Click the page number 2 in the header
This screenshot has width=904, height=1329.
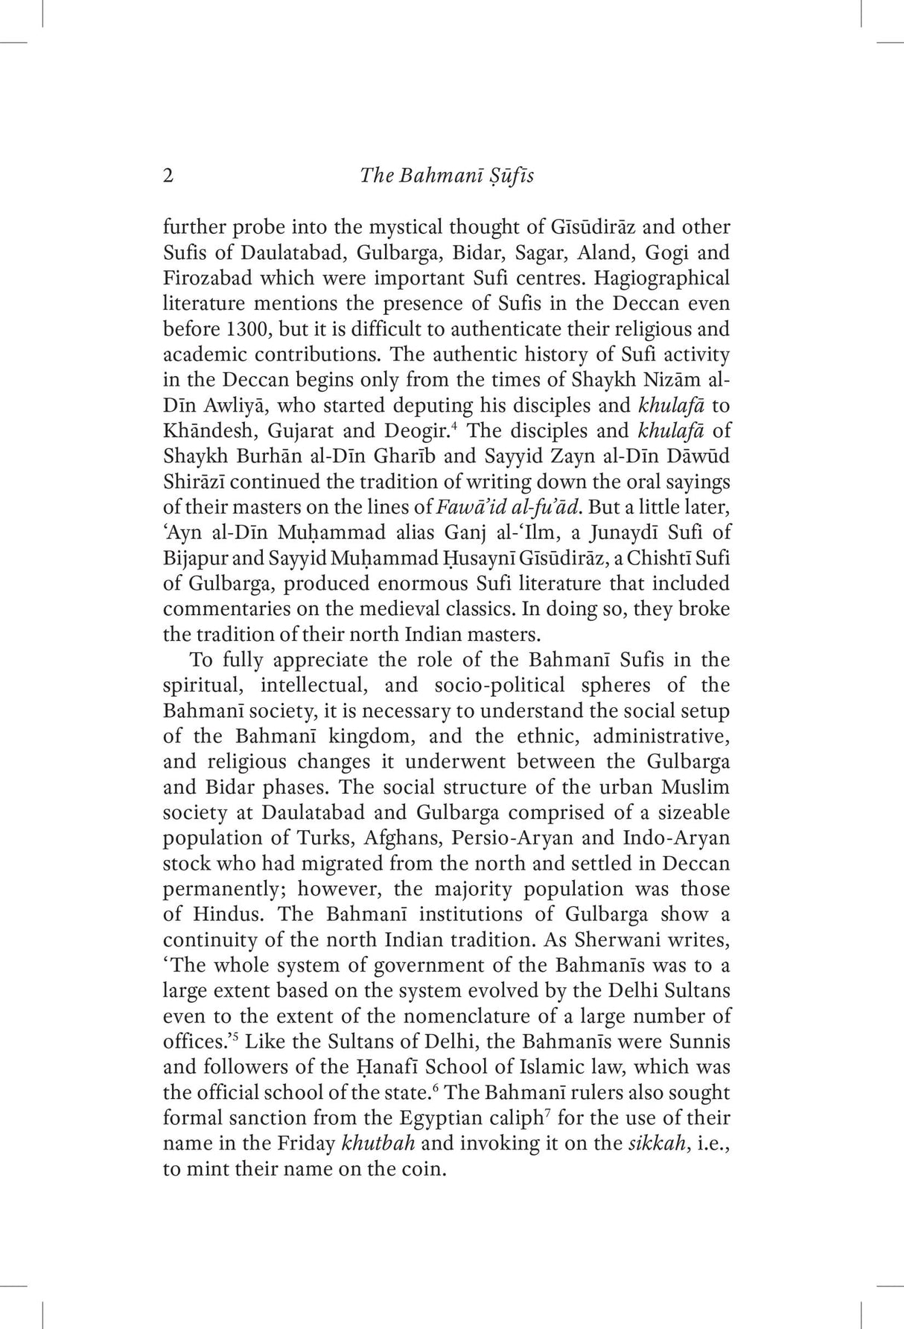168,176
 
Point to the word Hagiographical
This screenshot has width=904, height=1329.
657,278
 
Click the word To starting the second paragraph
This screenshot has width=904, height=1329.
202,660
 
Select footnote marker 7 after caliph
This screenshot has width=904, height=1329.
548,1112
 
